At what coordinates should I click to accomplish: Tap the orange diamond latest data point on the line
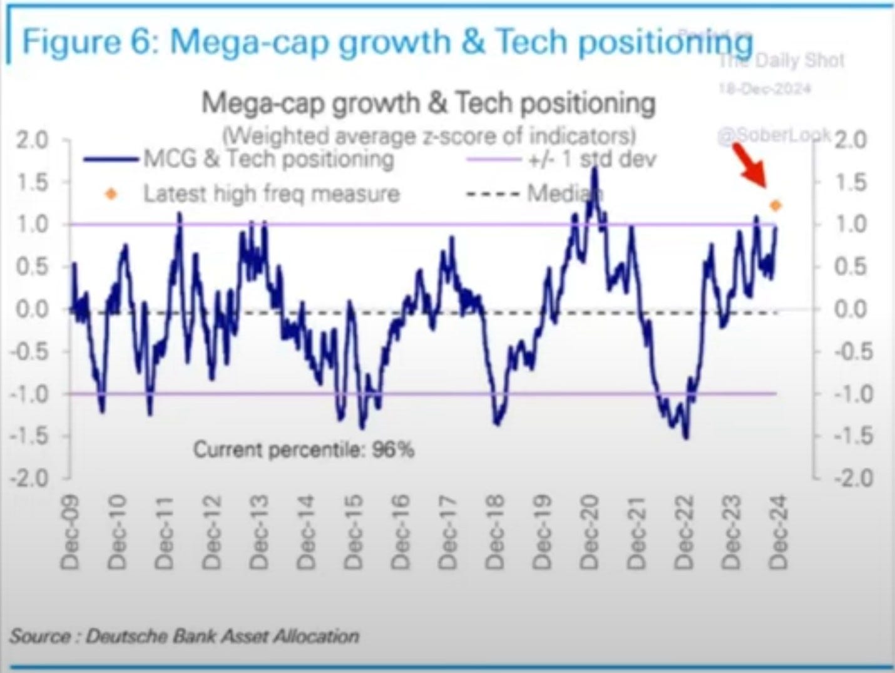click(776, 205)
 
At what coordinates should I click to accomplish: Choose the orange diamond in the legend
click(111, 194)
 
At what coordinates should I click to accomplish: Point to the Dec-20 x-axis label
click(589, 532)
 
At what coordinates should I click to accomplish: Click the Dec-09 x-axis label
click(70, 532)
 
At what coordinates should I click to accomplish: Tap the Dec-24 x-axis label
click(778, 532)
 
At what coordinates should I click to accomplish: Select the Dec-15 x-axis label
click(354, 532)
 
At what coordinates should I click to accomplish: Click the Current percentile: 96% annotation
click(304, 450)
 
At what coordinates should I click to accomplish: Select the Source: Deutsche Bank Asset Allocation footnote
click(184, 636)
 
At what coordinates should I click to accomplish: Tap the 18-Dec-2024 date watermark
click(764, 88)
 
